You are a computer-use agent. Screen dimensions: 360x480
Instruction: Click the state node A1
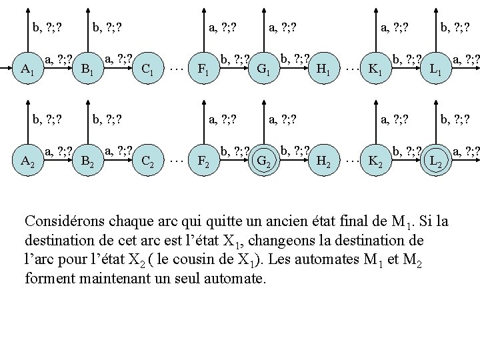coord(27,69)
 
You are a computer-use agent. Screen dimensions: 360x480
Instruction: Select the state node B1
coord(86,69)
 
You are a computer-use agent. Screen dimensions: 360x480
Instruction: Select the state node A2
coord(27,160)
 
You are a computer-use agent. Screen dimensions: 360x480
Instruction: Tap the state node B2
coord(86,160)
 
